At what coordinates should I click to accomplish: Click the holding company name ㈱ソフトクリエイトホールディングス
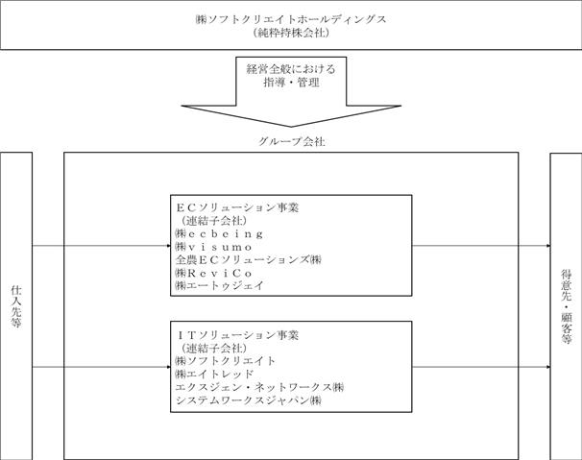pyautogui.click(x=291, y=19)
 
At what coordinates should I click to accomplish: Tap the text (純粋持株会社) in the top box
pyautogui.click(x=291, y=33)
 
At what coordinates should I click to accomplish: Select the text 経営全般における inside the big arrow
pyautogui.click(x=291, y=69)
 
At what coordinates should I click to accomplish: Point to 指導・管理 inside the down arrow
pyautogui.click(x=291, y=82)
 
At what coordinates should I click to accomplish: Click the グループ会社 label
pyautogui.click(x=291, y=141)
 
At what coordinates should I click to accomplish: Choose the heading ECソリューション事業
pyautogui.click(x=237, y=207)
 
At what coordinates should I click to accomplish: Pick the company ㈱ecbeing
pyautogui.click(x=219, y=234)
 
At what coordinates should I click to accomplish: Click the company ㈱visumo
pyautogui.click(x=214, y=247)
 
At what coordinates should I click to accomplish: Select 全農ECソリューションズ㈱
pyautogui.click(x=249, y=259)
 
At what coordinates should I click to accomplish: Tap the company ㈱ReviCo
pyautogui.click(x=214, y=273)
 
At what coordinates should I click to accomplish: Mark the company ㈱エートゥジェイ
pyautogui.click(x=220, y=285)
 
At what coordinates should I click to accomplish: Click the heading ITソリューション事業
pyautogui.click(x=238, y=335)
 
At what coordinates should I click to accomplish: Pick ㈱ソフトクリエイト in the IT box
pyautogui.click(x=226, y=361)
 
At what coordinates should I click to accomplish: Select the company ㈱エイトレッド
pyautogui.click(x=214, y=374)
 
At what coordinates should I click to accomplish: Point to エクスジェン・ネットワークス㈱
pyautogui.click(x=259, y=387)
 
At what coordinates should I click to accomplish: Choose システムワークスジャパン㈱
pyautogui.click(x=249, y=400)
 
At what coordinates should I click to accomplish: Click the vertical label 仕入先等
pyautogui.click(x=16, y=306)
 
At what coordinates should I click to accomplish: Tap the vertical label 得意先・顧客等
pyautogui.click(x=566, y=306)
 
